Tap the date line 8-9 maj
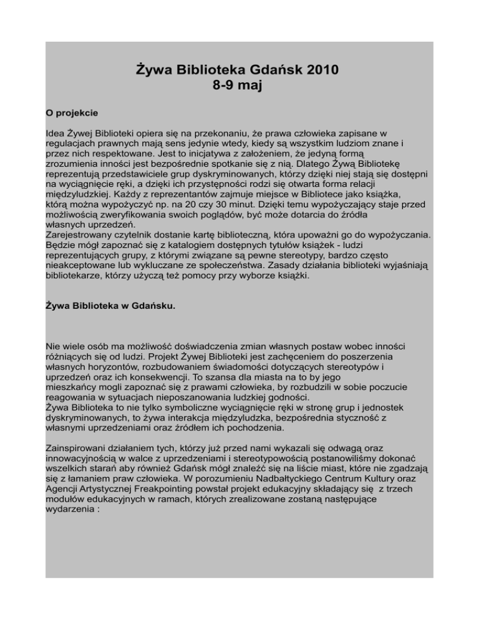coord(239,86)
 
